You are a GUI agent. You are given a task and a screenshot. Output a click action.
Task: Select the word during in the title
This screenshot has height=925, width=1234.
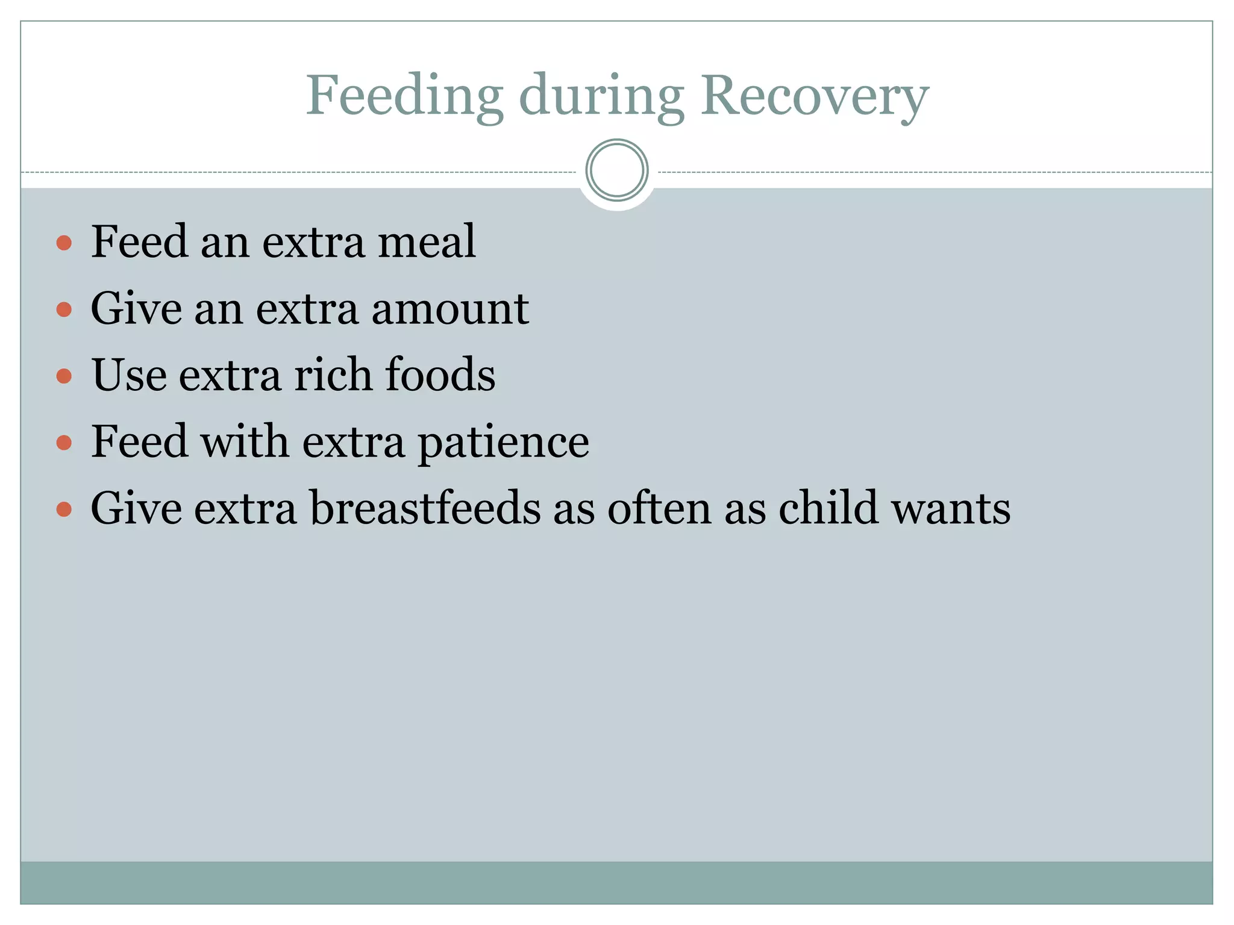(x=601, y=96)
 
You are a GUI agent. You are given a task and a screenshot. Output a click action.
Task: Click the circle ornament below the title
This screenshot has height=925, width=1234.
(x=616, y=170)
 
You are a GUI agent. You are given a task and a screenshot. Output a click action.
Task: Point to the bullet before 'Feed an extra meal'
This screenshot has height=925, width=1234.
(x=64, y=243)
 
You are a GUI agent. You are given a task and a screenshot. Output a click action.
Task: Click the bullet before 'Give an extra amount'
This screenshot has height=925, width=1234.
(x=64, y=310)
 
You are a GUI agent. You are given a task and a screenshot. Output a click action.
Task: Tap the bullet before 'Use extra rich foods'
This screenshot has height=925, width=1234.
(x=64, y=377)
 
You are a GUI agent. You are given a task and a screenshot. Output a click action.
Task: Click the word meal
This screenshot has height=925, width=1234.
(x=427, y=242)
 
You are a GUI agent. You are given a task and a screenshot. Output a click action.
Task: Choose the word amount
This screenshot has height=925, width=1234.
(x=450, y=309)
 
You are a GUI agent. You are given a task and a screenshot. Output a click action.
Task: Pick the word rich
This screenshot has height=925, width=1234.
(x=332, y=375)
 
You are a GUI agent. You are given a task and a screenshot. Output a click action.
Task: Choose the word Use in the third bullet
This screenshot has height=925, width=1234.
(x=128, y=375)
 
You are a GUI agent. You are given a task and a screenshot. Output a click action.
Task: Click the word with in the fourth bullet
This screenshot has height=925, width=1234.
(x=244, y=441)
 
